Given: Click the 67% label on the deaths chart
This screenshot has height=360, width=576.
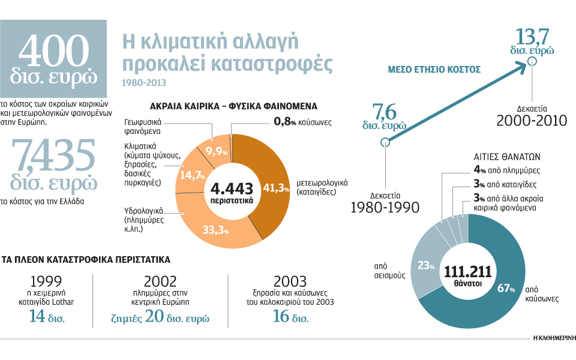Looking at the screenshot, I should tap(506, 288).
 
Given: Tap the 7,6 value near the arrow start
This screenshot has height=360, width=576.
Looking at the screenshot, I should tap(385, 112).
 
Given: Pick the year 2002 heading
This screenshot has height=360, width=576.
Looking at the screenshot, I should tap(160, 281).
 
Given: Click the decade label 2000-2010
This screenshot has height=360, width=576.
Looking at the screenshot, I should tap(532, 120).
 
